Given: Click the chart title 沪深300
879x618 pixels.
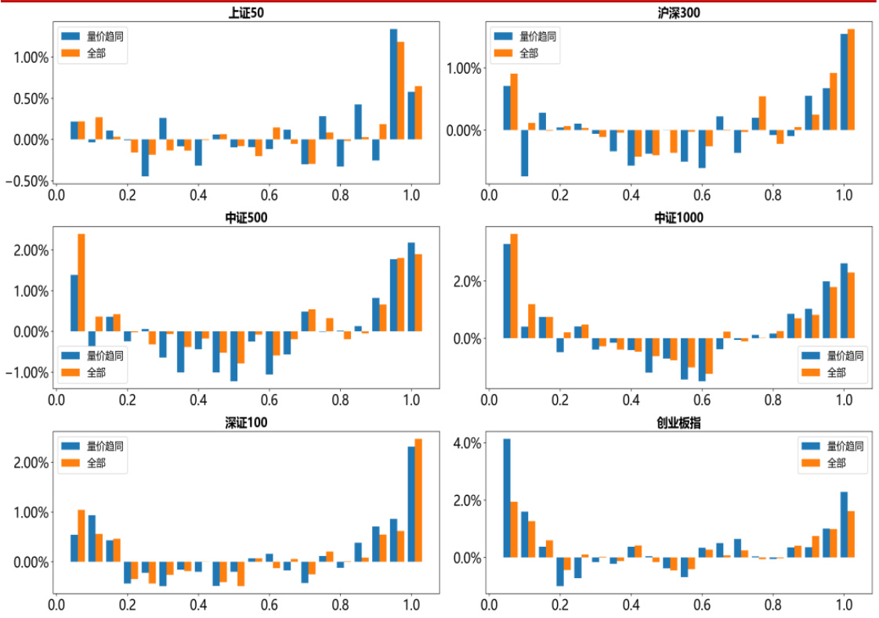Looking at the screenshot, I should point(678,13).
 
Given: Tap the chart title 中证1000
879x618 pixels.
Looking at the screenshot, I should point(678,218).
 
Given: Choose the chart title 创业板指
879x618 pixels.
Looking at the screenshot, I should point(678,424).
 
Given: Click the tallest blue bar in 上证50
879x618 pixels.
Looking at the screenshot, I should point(394,84).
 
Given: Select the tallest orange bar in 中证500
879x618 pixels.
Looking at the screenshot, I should point(81,282).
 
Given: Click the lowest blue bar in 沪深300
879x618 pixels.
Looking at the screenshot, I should point(525,153).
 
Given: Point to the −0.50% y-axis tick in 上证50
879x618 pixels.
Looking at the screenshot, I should point(29,181).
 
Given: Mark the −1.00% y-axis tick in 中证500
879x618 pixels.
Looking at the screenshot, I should point(29,373).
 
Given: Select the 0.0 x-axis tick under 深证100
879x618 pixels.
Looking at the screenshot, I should point(56,605).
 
